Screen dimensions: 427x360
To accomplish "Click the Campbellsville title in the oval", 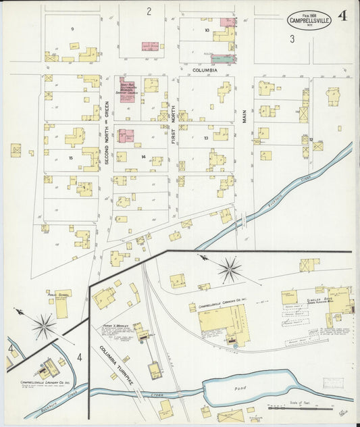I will (309, 20).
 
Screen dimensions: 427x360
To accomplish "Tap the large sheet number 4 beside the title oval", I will (343, 17).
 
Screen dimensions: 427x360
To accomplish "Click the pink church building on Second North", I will (127, 89).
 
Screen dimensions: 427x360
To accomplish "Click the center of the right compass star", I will (230, 270).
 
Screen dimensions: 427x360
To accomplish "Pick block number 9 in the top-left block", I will (71, 29).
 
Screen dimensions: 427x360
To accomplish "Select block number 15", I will (70, 157).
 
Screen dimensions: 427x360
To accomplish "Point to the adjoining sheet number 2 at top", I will (149, 11).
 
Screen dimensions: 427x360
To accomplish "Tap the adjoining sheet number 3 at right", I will (292, 39).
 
